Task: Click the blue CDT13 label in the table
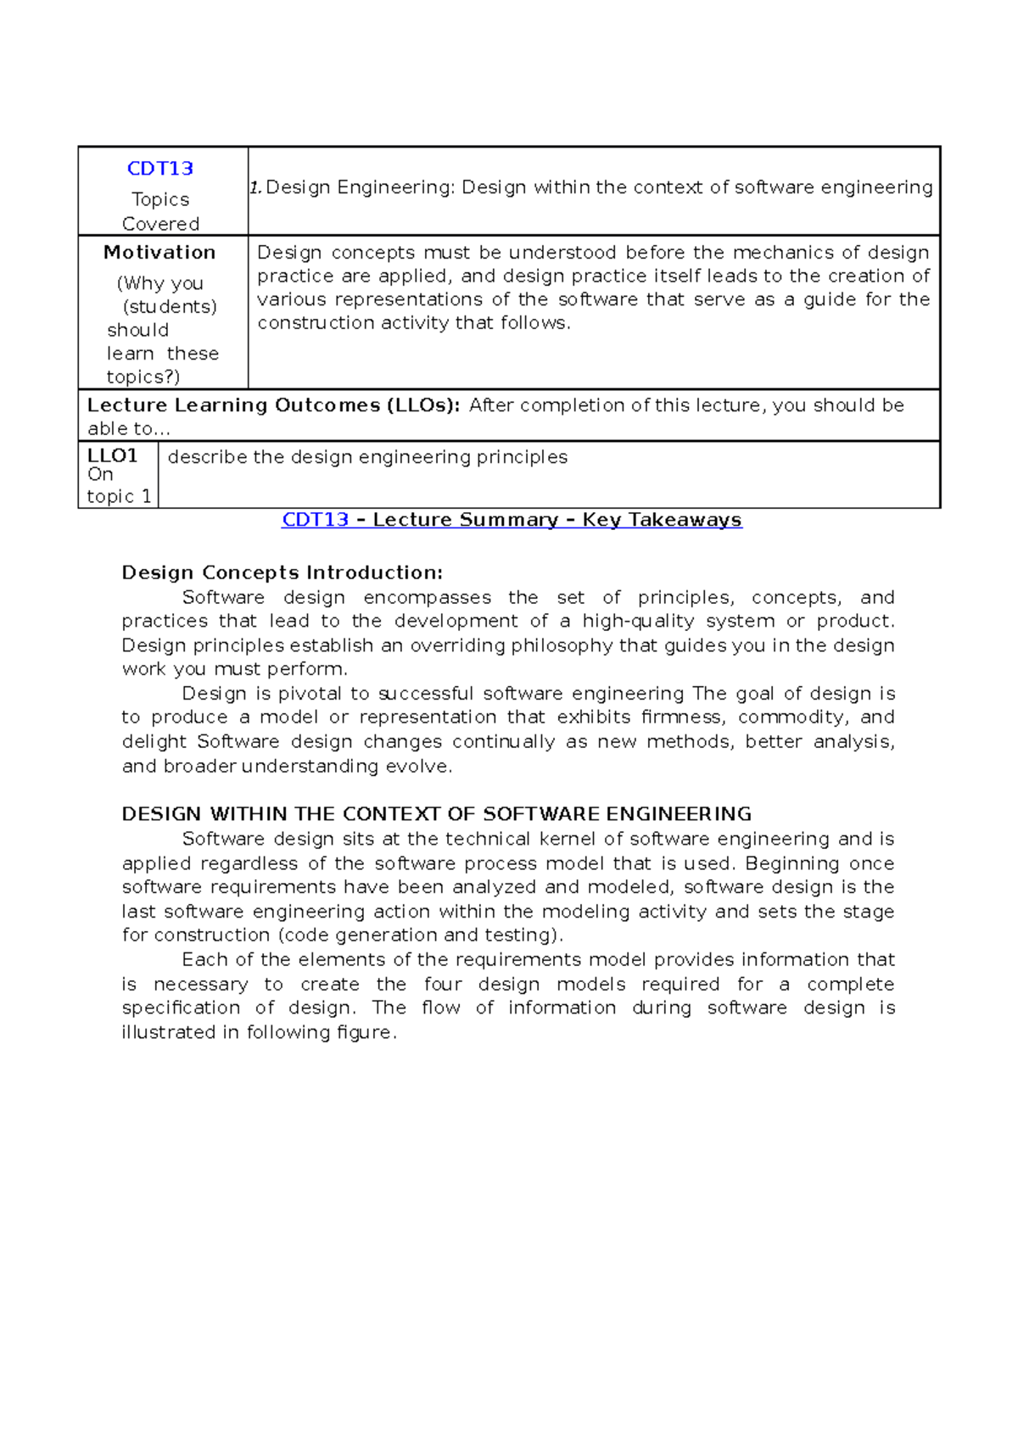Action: [x=160, y=168]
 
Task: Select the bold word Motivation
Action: [x=159, y=252]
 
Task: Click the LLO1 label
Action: [x=112, y=455]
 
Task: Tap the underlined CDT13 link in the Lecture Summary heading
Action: [x=315, y=520]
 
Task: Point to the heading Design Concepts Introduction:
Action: [x=282, y=572]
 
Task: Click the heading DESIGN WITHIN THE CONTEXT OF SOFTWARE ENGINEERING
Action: [x=436, y=814]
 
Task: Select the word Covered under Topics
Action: [x=160, y=224]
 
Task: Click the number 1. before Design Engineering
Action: [x=255, y=188]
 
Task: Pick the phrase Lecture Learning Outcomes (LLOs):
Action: [x=273, y=405]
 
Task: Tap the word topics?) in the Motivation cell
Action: [x=143, y=377]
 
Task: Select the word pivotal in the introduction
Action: [x=311, y=694]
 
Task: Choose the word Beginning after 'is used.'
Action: [x=792, y=863]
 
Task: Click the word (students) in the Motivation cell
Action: [x=170, y=306]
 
